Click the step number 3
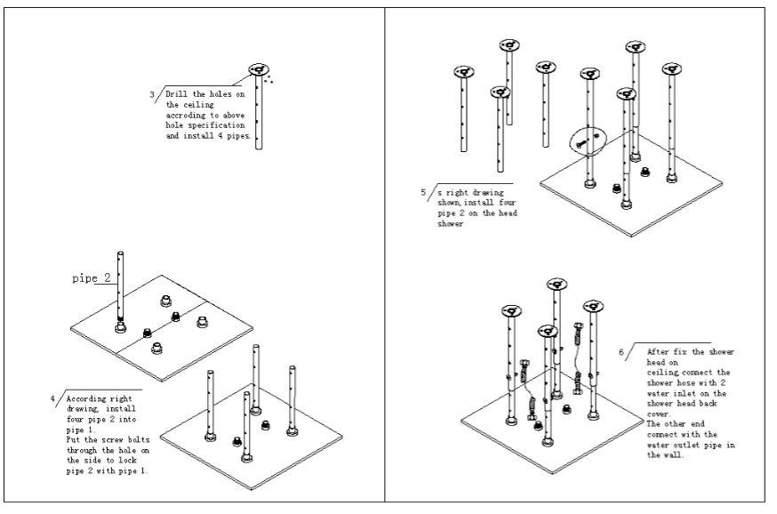(152, 94)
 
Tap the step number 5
(423, 191)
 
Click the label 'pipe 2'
(91, 278)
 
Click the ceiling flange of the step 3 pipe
(259, 69)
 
